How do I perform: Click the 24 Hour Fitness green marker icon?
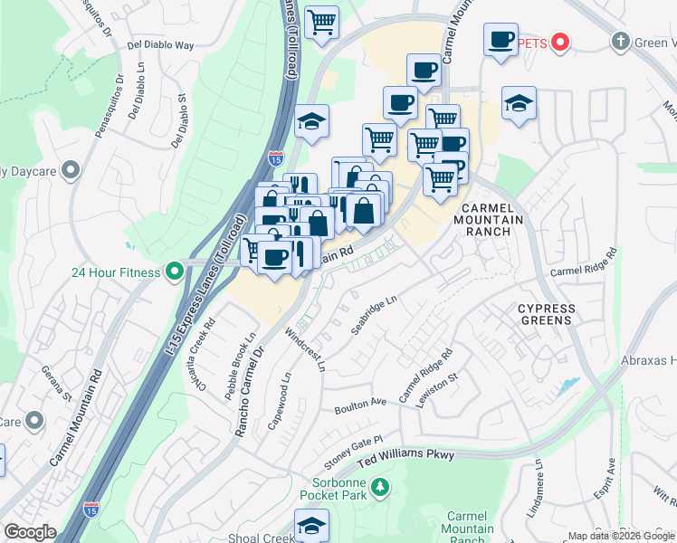tap(173, 271)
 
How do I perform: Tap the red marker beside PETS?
tap(560, 42)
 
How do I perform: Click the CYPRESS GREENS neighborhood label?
tap(546, 314)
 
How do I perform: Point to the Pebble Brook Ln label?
tap(250, 348)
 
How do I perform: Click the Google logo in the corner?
tap(29, 532)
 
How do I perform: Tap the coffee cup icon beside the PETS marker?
tap(501, 41)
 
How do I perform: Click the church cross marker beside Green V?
tap(620, 42)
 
